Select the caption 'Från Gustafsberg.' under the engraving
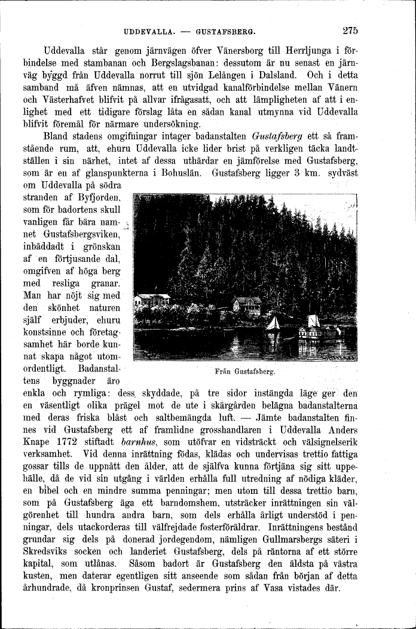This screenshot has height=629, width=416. point(244,371)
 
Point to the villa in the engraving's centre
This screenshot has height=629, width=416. point(247,304)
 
